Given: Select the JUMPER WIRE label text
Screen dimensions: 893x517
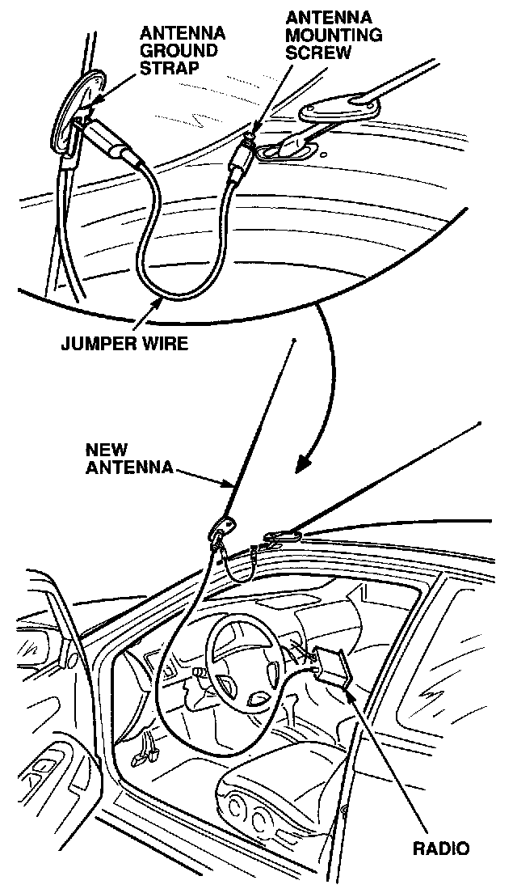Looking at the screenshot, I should pyautogui.click(x=124, y=344).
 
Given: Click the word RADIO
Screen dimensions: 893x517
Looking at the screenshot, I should pyautogui.click(x=441, y=849).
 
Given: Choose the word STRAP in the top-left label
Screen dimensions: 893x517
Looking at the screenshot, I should pyautogui.click(x=169, y=68).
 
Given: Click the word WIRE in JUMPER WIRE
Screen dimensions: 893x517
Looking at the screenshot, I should pyautogui.click(x=166, y=344).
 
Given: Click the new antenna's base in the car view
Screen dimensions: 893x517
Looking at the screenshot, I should pyautogui.click(x=222, y=529).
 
